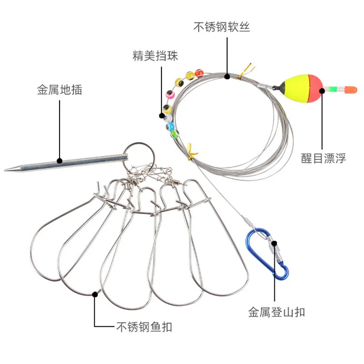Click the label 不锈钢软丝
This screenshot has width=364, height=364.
(222, 27)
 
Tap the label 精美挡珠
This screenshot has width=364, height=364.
(155, 56)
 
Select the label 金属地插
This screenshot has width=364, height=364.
(60, 90)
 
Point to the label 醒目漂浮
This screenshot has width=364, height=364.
(324, 158)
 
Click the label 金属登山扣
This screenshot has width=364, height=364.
(277, 312)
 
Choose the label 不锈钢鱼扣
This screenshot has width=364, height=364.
(144, 327)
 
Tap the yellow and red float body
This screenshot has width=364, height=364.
(302, 88)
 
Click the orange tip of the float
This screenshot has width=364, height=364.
(350, 90)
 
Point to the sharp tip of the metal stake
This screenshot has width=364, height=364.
(5, 170)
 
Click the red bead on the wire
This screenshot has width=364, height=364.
(199, 73)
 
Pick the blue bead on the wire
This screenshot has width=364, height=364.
(170, 126)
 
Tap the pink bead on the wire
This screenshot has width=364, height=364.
(170, 94)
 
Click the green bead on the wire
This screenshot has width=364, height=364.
(175, 134)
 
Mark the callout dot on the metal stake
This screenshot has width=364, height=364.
(60, 161)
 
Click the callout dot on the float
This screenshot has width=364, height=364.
(322, 91)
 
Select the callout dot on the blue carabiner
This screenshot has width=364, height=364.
(274, 243)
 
